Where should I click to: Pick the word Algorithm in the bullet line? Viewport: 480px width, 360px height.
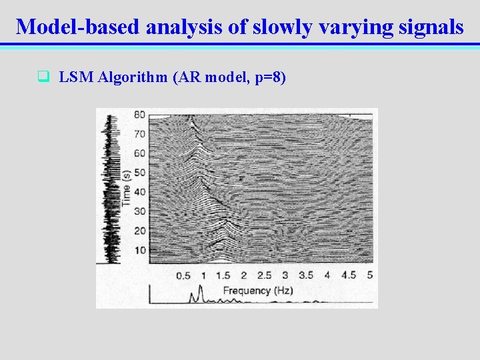point(133,77)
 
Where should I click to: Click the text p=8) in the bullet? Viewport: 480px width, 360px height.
point(270,78)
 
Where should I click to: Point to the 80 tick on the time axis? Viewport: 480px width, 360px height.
point(139,114)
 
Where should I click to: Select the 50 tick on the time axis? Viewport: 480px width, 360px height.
point(139,173)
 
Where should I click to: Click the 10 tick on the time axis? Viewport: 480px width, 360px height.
point(139,250)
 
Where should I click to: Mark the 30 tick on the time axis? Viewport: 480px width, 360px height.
point(139,211)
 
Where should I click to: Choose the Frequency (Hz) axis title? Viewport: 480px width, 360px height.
point(256,291)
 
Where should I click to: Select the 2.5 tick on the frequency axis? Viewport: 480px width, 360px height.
point(264,275)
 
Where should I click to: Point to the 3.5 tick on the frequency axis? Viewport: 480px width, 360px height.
point(305,275)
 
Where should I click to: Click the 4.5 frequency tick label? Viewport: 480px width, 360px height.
point(348,275)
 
